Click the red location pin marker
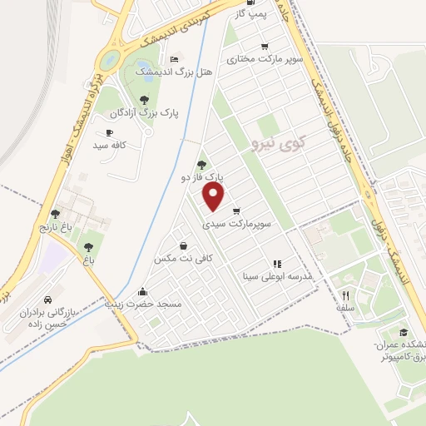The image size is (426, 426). point(215,196)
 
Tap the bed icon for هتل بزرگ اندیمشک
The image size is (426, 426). point(173,59)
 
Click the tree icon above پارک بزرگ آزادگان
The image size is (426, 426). point(144,99)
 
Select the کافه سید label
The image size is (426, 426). point(108,145)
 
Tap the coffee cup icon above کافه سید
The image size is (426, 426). point(109,132)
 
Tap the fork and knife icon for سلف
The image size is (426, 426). point(344,295)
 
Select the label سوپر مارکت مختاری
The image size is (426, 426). point(265,60)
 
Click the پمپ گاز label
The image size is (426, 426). point(259,15)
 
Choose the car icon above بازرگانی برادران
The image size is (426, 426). point(47,300)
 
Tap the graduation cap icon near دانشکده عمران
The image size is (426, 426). point(403,334)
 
